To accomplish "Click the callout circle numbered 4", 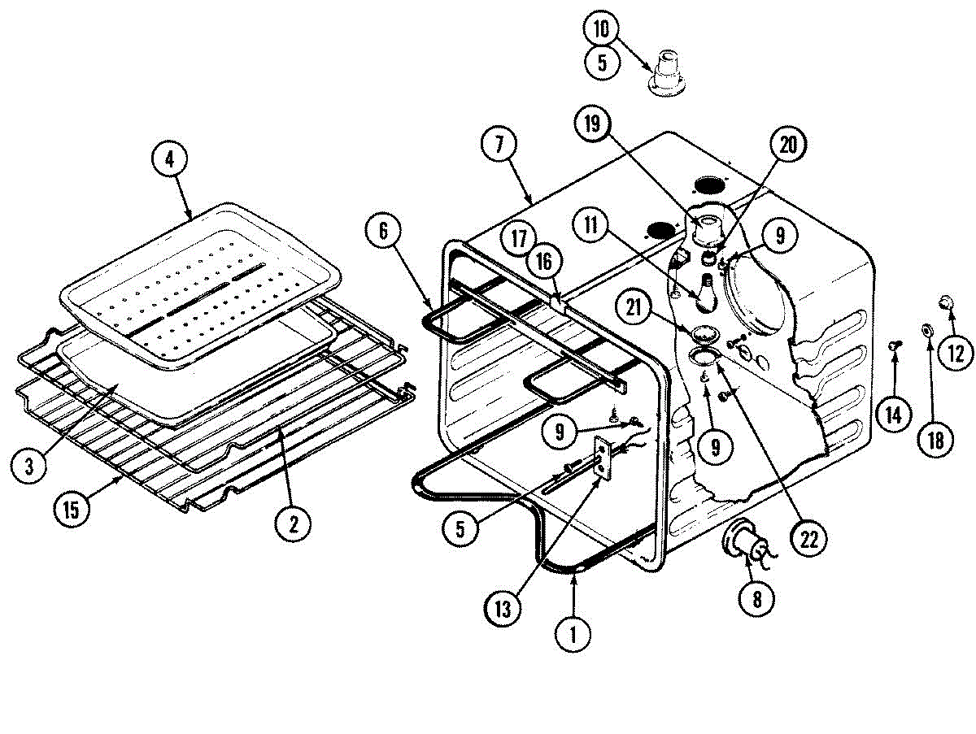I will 169,159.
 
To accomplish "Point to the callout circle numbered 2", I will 292,523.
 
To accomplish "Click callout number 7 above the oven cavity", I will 499,145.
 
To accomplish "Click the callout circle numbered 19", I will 593,124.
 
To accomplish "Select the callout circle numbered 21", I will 636,307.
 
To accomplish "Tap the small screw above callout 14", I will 893,346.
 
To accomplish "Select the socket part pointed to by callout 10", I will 666,72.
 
